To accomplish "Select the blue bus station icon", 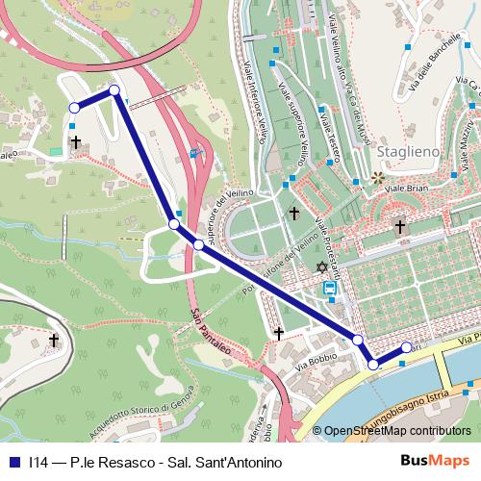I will (330, 287).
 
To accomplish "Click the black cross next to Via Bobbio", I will (279, 333).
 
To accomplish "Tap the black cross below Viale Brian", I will (400, 227).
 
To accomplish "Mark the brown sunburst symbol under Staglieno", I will (377, 178).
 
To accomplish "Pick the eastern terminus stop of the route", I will (406, 347).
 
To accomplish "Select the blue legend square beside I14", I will (13, 462).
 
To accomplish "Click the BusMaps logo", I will (441, 461).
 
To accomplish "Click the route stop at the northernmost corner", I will (114, 90).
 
